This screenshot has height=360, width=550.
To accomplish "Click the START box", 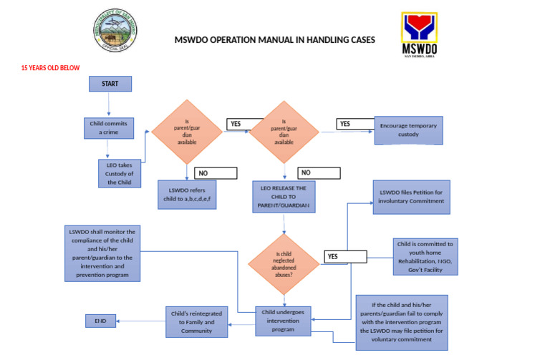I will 110,83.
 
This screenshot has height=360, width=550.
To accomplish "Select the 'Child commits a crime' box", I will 109,128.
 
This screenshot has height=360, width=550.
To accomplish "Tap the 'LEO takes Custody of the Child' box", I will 115,172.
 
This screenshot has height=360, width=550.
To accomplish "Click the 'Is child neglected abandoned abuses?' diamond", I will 284,262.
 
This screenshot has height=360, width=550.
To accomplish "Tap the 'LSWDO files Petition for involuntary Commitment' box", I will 410,197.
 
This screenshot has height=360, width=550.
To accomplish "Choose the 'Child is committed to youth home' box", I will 425,256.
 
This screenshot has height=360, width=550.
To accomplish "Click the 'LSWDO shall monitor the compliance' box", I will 102,253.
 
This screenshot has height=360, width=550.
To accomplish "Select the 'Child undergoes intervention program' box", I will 284,320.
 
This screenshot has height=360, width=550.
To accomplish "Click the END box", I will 100,321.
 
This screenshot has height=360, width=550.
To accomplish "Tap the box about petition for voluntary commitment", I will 402,322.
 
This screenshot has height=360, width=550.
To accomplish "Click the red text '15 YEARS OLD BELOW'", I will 50,68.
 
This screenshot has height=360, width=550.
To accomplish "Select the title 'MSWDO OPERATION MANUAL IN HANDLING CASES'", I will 274,40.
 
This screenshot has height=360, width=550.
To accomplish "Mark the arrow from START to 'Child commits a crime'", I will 110,104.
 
